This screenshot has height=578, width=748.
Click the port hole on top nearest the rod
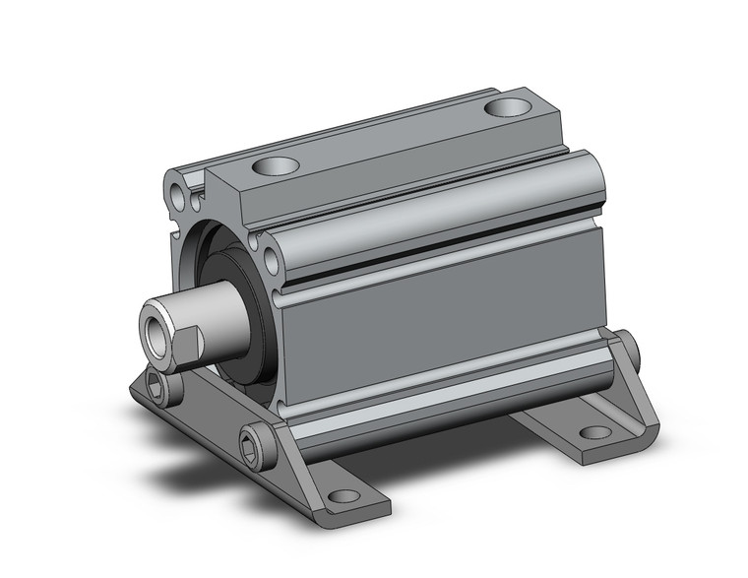(x=277, y=168)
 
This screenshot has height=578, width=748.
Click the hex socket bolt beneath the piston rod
(x=163, y=386)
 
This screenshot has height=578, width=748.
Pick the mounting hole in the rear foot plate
(x=592, y=431)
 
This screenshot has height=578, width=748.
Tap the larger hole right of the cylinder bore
(x=270, y=259)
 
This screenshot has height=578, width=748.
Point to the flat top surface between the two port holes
(x=394, y=138)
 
